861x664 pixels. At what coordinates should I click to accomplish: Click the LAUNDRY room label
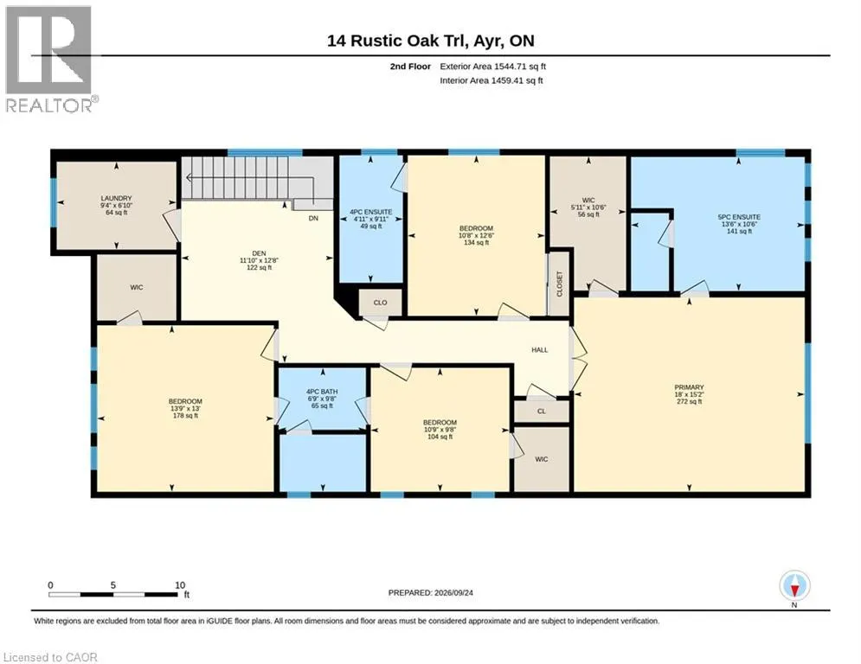(116, 198)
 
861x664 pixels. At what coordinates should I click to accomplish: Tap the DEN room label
(260, 253)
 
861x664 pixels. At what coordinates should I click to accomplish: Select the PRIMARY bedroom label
(689, 386)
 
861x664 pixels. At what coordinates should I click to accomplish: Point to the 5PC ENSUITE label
(739, 217)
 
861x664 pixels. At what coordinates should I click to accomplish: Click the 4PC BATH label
(322, 392)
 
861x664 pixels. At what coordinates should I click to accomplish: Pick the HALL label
(540, 349)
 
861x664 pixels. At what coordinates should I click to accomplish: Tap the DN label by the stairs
(313, 218)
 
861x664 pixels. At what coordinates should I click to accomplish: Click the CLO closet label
(380, 303)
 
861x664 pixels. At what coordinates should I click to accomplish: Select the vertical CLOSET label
(560, 284)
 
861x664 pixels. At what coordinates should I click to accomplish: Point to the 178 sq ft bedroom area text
(185, 415)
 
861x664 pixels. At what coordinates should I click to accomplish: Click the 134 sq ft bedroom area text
(476, 242)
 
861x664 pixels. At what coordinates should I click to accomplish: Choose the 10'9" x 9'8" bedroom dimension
(440, 430)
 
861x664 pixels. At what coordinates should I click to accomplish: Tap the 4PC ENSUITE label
(371, 211)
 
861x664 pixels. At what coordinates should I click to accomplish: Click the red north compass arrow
(794, 591)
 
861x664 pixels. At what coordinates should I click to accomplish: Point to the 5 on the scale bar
(113, 585)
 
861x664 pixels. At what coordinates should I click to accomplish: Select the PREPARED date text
(431, 592)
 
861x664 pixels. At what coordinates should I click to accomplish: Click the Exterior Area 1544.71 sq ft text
(492, 67)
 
